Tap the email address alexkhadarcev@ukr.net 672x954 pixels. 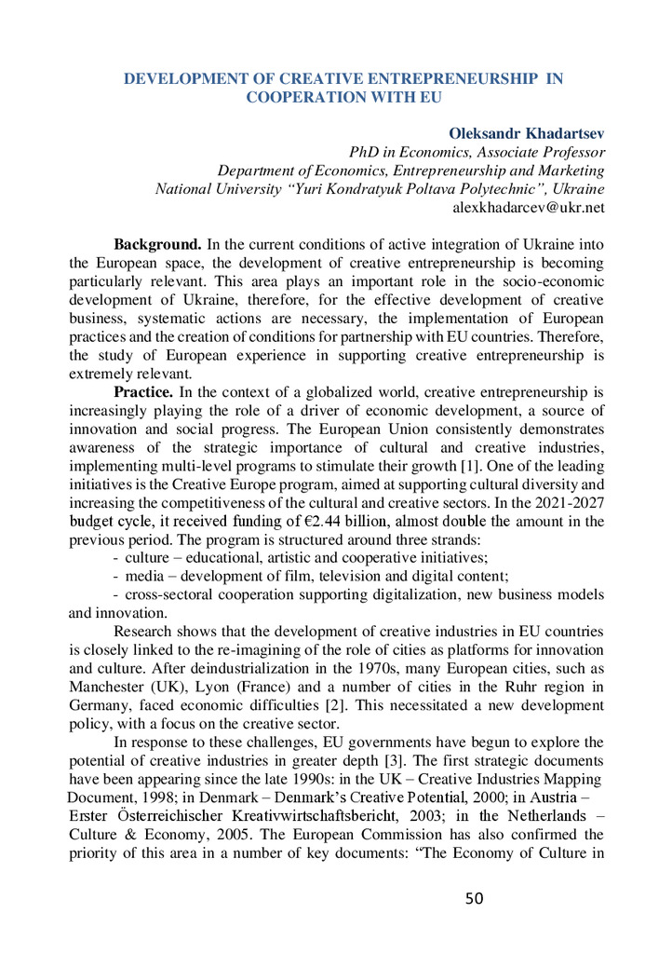(x=528, y=208)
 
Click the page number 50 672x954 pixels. (x=475, y=899)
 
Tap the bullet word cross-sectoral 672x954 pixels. (x=170, y=596)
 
